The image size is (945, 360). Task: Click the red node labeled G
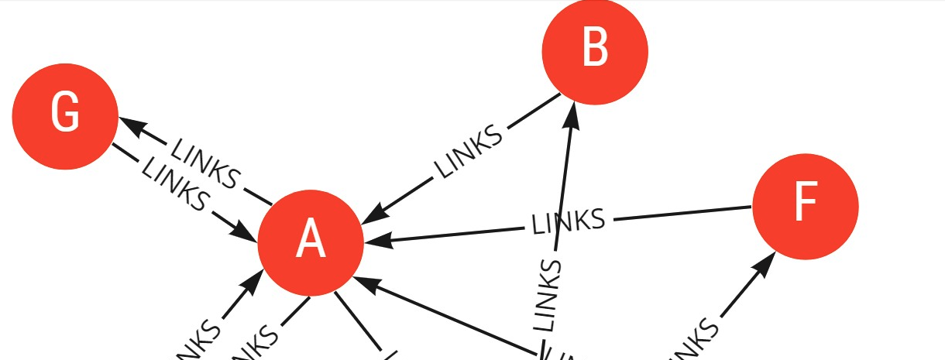(x=65, y=116)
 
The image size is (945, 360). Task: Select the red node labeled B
(x=595, y=51)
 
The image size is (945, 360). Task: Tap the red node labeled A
(x=311, y=242)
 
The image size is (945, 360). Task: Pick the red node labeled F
(x=806, y=207)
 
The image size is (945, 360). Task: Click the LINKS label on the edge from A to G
(x=204, y=163)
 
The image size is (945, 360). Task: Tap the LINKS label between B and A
(x=468, y=152)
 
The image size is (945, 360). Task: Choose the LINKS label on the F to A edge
(x=568, y=221)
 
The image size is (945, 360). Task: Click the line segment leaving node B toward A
(x=534, y=111)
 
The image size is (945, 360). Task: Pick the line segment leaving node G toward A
(x=124, y=153)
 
